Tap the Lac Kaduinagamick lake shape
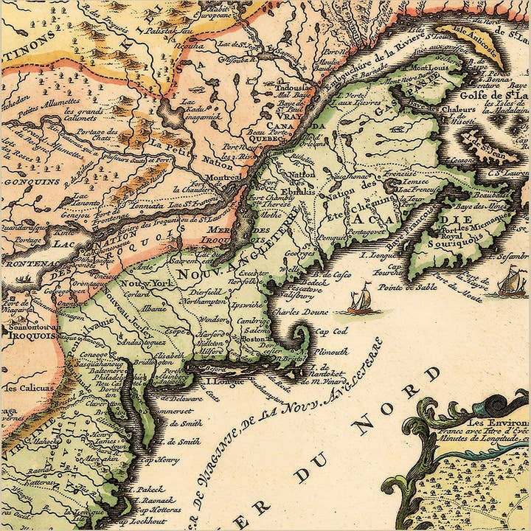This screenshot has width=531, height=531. tap(176, 112)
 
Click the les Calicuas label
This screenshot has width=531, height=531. tap(28, 387)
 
